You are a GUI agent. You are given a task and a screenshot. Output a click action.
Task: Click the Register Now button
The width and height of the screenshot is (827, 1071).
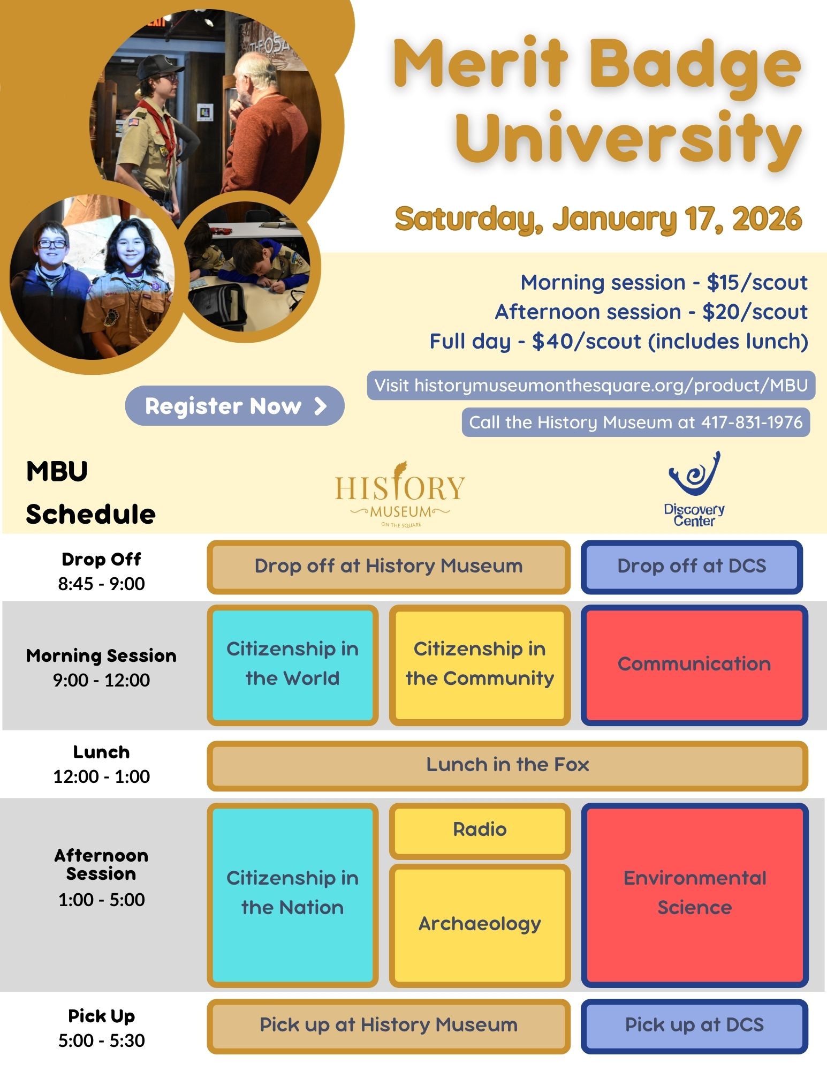coord(234,406)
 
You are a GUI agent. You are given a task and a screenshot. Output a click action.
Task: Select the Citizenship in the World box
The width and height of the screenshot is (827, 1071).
coord(292,665)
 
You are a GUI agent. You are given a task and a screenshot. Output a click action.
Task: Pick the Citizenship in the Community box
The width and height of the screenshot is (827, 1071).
coord(480,665)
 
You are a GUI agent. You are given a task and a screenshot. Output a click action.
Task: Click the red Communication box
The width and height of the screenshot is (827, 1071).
coord(694,665)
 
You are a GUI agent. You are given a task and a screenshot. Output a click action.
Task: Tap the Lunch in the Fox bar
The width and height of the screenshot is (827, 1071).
coord(507,765)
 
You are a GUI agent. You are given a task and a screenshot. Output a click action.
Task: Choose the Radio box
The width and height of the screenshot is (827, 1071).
coord(480,830)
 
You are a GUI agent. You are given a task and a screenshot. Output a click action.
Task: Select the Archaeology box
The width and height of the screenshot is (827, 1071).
coord(480,924)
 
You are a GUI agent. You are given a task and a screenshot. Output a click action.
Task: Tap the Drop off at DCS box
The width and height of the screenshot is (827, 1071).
coord(692,567)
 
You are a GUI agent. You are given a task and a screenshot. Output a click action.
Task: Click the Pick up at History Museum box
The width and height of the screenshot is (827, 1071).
coord(389,1025)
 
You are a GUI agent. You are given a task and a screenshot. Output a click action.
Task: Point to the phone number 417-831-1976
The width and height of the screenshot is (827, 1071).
coord(752,423)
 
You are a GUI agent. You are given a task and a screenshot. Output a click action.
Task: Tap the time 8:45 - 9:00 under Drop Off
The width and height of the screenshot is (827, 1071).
coord(101,584)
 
